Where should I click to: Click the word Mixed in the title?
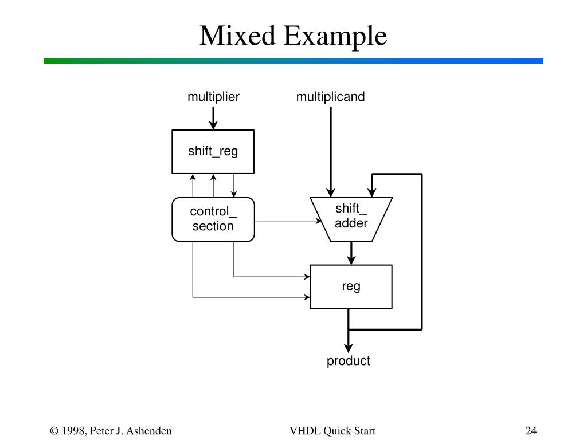(237, 36)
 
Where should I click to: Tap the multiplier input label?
(213, 96)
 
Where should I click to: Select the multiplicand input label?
(330, 96)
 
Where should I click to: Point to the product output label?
(348, 361)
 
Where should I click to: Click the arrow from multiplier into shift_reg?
(213, 118)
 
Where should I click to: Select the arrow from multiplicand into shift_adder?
(331, 152)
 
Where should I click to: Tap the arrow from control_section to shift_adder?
(288, 221)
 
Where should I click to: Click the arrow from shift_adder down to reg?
(351, 253)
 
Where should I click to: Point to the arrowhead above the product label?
(348, 347)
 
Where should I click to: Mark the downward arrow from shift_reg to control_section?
(234, 186)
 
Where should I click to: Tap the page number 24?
(531, 431)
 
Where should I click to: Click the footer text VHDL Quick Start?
(332, 431)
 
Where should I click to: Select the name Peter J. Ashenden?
(131, 431)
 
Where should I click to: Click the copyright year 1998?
(73, 431)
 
